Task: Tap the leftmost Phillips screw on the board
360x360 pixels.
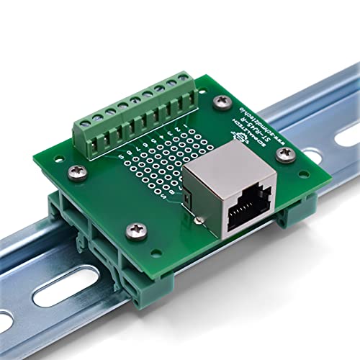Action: pyautogui.click(x=78, y=171)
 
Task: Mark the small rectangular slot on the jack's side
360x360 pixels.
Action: pyautogui.click(x=188, y=197)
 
